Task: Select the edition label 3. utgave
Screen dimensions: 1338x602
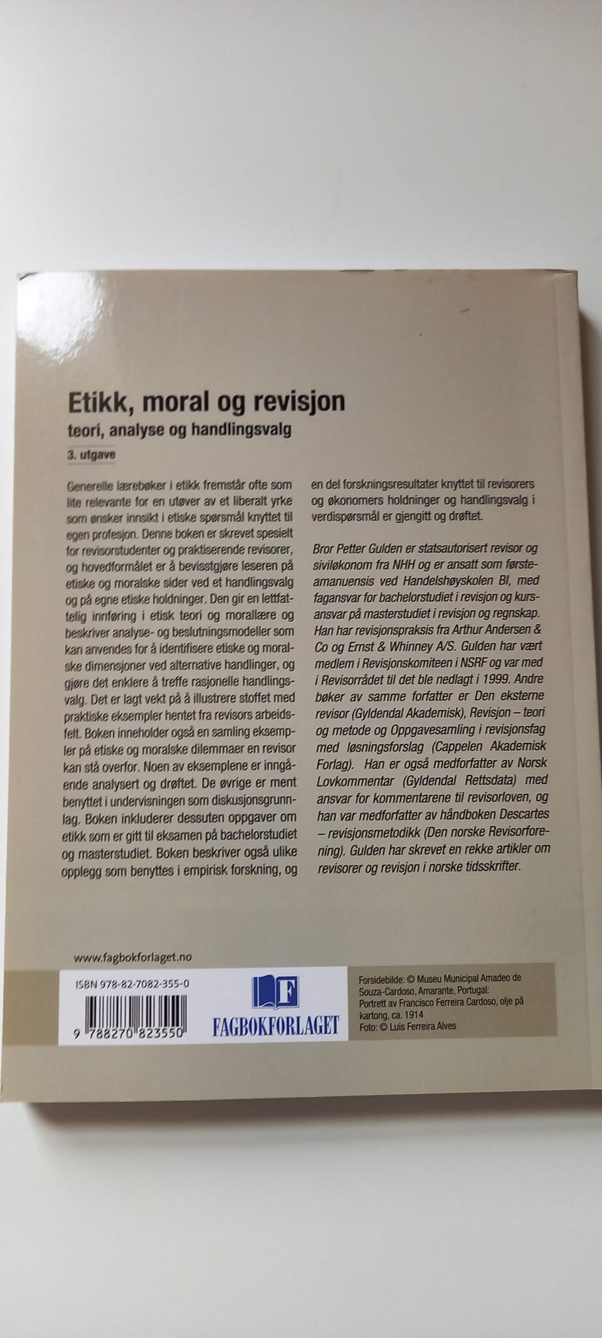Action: coord(92,455)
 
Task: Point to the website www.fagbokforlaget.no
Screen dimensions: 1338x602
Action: coord(132,957)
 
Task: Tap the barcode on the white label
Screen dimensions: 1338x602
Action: coord(133,1011)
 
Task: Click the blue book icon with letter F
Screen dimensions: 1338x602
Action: coord(276,992)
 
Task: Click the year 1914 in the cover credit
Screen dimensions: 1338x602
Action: coord(412,1014)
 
